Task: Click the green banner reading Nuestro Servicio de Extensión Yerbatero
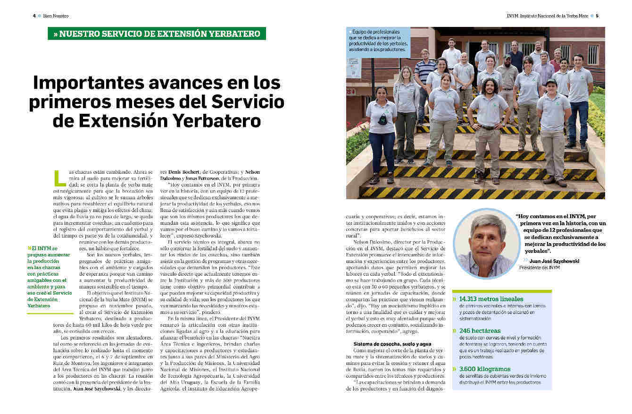point(157,34)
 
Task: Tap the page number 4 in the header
point(34,16)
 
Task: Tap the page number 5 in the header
point(597,16)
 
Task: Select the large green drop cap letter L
point(60,178)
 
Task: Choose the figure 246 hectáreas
point(480,330)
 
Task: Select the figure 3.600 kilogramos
point(488,369)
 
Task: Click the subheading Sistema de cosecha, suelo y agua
point(392,344)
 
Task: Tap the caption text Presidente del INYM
point(540,268)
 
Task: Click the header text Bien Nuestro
point(56,16)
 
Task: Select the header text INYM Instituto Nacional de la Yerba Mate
point(547,16)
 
